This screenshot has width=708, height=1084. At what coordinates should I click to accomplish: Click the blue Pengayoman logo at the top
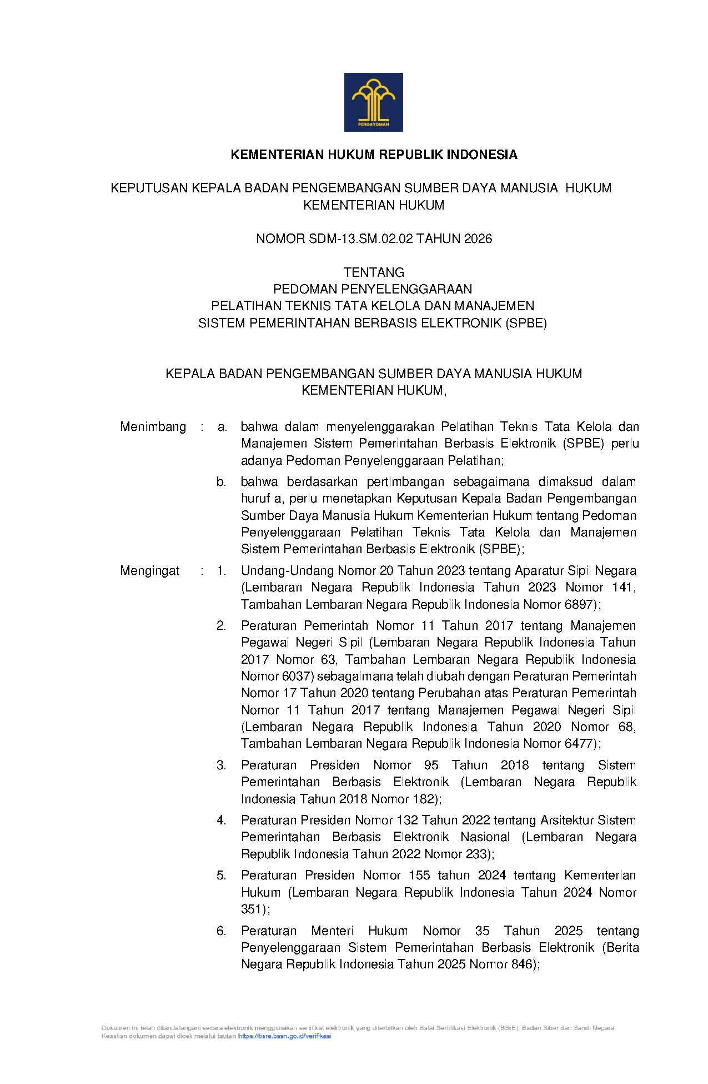tap(373, 102)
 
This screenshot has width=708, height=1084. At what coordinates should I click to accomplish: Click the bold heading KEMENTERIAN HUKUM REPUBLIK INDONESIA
tap(374, 155)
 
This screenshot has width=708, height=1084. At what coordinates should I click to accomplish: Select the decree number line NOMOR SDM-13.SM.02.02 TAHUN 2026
tap(374, 239)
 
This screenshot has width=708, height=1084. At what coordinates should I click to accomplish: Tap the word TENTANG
tap(374, 272)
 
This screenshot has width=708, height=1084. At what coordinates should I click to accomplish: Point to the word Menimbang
tap(153, 427)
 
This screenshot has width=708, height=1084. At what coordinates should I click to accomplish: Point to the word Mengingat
tap(150, 571)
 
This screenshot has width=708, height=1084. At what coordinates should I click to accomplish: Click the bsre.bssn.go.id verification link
tap(284, 1036)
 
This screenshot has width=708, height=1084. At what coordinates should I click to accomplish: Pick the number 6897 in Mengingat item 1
tap(578, 604)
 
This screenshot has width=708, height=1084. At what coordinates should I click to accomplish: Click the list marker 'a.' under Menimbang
tap(222, 427)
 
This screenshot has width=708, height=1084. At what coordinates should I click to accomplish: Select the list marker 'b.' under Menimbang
tap(222, 482)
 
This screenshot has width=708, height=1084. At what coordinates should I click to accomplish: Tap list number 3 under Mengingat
tap(221, 765)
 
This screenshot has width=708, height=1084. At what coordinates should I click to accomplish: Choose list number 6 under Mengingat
tap(221, 931)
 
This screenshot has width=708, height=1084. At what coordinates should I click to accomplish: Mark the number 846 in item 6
tap(522, 964)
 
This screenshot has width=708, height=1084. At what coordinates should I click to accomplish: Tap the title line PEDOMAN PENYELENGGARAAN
tap(373, 289)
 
